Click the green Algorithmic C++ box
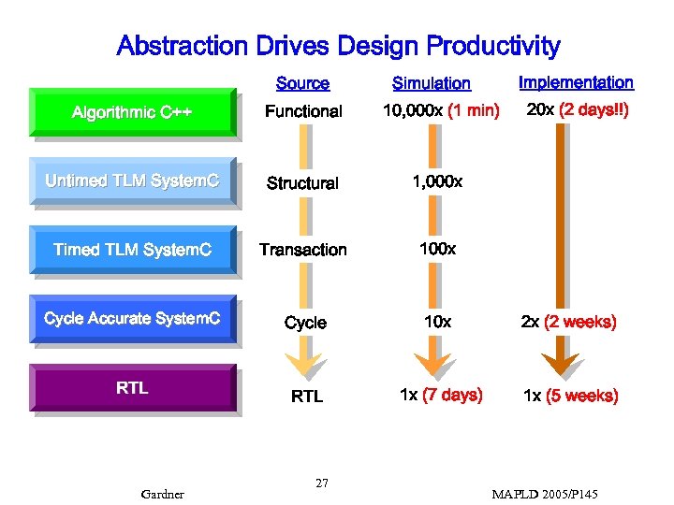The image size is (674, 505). coord(132,112)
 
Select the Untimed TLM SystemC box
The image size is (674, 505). coord(132,181)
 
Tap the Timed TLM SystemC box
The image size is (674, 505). coord(132,250)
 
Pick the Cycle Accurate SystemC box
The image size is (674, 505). coord(132,319)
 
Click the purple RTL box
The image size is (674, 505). coord(132,388)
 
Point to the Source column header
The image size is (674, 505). coord(302,83)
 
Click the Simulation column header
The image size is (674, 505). coord(431,83)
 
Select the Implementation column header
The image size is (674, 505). coord(576,82)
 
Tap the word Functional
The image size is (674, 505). coord(303,111)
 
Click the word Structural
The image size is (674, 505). coord(302,183)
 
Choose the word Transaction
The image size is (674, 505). coord(303,250)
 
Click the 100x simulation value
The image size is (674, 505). coord(437,249)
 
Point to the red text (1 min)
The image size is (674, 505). coord(474,111)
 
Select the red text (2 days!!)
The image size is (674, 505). coord(593,110)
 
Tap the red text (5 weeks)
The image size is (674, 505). coord(582,396)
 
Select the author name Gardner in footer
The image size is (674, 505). coord(162,494)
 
